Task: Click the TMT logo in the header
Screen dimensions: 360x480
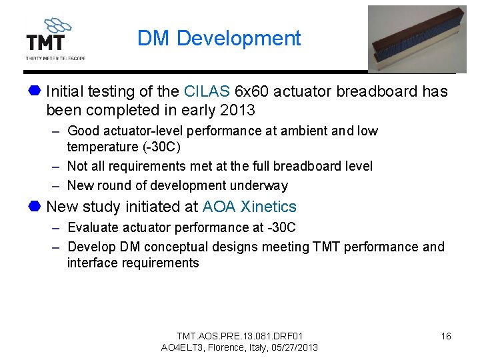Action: click(x=53, y=38)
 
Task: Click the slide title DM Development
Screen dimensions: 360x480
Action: click(x=219, y=39)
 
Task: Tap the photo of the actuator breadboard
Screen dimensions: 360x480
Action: click(x=417, y=39)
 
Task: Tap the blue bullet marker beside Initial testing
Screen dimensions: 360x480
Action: click(x=35, y=91)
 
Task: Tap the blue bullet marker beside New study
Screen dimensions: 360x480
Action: click(x=35, y=207)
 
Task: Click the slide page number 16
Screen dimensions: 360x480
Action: click(x=446, y=336)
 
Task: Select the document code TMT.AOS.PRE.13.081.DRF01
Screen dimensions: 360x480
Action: click(x=239, y=335)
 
